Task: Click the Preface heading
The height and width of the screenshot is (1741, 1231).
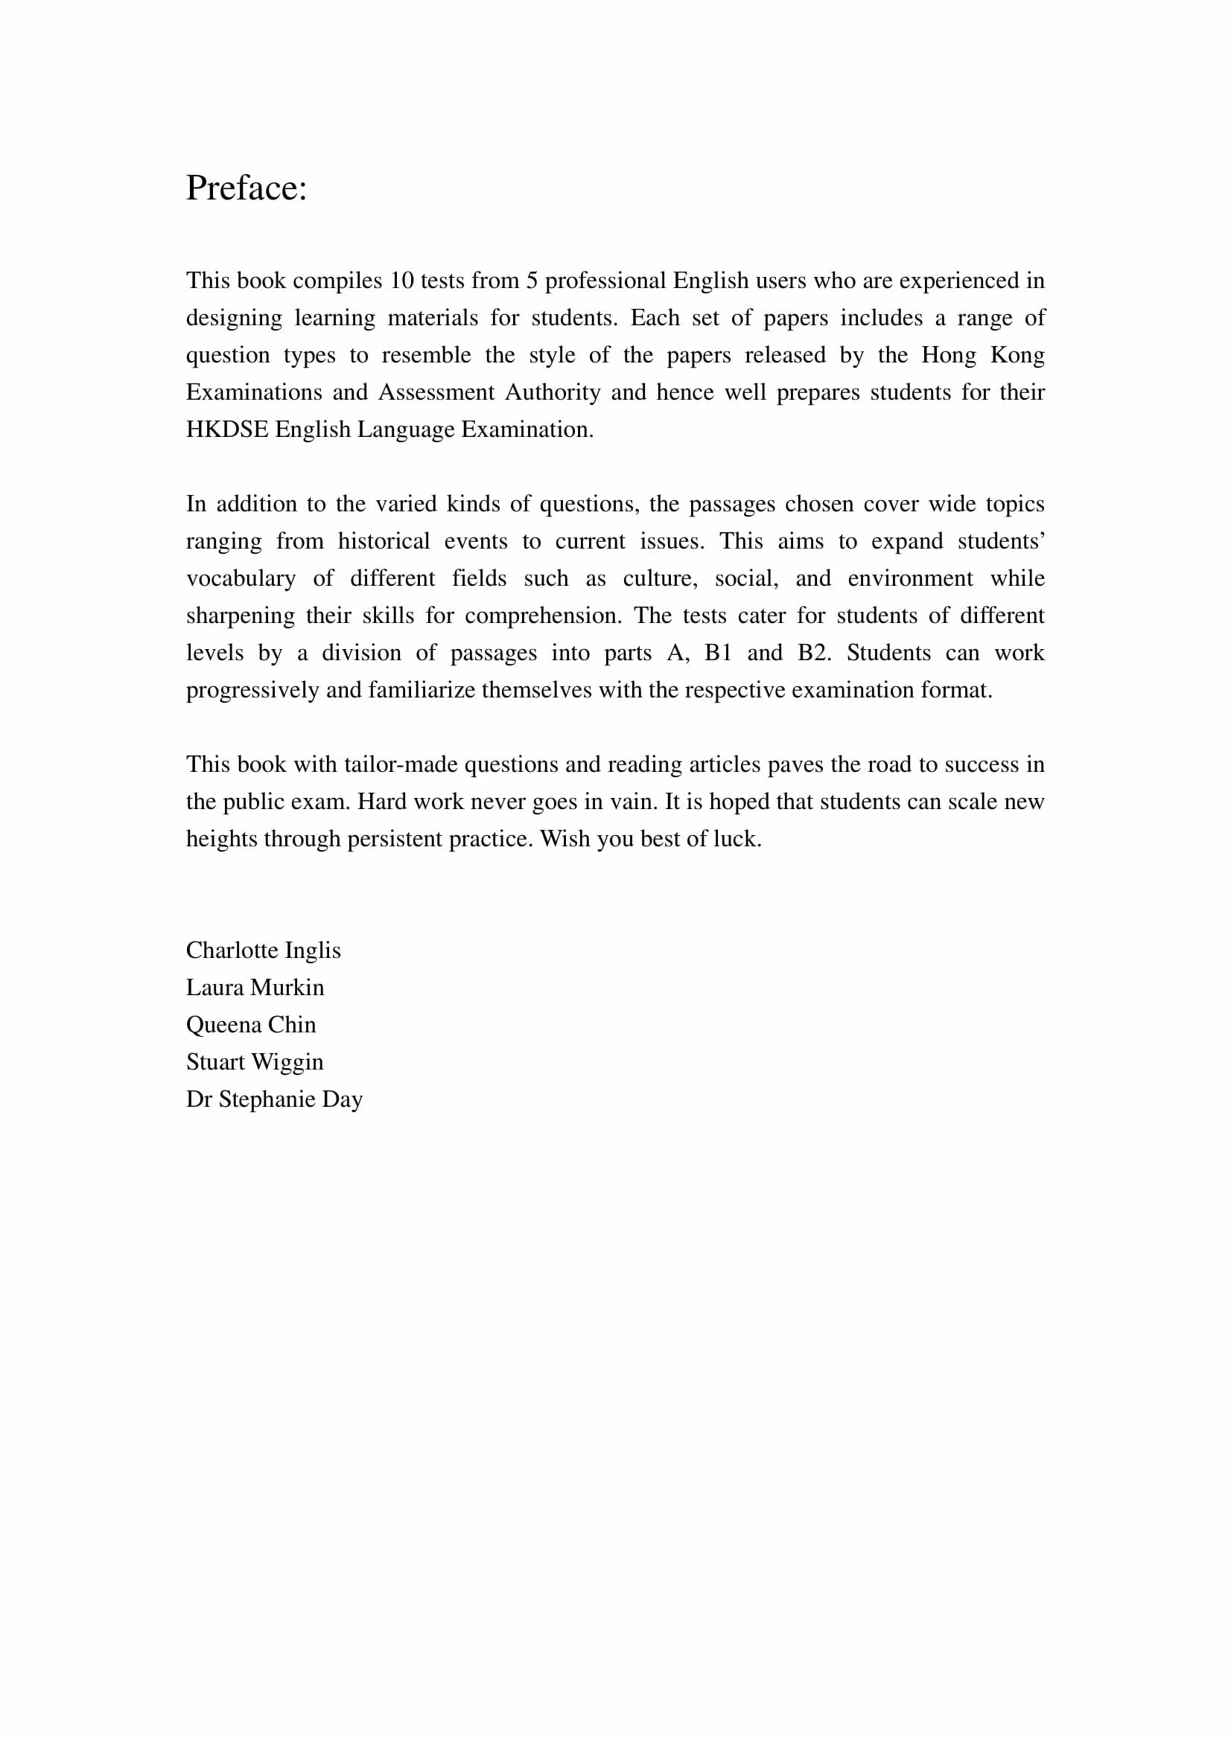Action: (x=246, y=188)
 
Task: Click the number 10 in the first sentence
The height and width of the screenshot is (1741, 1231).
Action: (x=401, y=281)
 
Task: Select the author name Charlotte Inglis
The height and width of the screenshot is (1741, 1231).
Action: (x=263, y=950)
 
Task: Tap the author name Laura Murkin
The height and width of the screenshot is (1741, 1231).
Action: (x=255, y=987)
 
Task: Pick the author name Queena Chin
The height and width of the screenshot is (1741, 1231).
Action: (x=251, y=1024)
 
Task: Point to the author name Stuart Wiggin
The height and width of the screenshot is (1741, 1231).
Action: (x=255, y=1061)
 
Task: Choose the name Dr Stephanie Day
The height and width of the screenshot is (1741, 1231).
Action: (x=275, y=1099)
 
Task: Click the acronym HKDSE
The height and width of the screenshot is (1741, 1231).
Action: (x=227, y=430)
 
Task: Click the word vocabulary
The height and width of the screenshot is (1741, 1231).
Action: (x=241, y=578)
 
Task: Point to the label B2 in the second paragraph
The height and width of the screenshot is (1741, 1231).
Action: (x=814, y=653)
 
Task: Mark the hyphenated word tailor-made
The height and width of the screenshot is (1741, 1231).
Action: (x=401, y=764)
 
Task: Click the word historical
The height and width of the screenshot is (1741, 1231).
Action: (x=384, y=541)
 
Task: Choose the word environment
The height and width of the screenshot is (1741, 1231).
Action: (x=909, y=578)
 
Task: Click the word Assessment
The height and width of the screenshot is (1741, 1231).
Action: (x=436, y=393)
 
